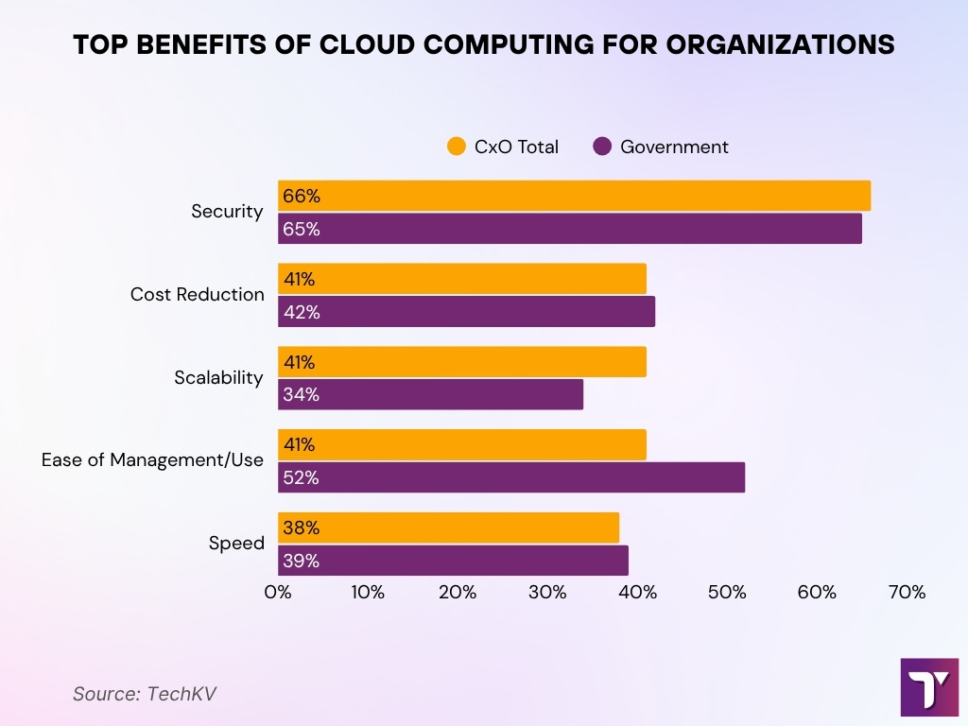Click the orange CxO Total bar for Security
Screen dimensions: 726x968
coord(574,196)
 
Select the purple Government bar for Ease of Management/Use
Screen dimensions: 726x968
coord(511,477)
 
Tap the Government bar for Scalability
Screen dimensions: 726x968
coord(430,394)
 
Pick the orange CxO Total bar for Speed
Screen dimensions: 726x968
coord(448,527)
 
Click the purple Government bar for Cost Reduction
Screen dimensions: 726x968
coord(466,312)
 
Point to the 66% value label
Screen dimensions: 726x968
coord(302,197)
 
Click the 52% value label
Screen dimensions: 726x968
coord(302,478)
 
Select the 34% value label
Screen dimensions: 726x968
coord(302,395)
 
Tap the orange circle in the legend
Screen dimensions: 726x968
coord(457,147)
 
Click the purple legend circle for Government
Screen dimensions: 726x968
coord(602,147)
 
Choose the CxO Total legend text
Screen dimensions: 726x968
coord(516,147)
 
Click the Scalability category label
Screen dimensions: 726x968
coord(218,378)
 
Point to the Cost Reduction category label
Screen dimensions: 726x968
coord(198,295)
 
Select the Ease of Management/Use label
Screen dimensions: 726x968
coord(153,460)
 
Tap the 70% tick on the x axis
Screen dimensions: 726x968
coord(907,593)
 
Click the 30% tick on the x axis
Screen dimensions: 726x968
coord(547,593)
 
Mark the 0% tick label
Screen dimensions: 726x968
coord(278,593)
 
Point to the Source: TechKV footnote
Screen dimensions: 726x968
coord(145,693)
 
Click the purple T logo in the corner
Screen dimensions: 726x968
coord(929,687)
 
